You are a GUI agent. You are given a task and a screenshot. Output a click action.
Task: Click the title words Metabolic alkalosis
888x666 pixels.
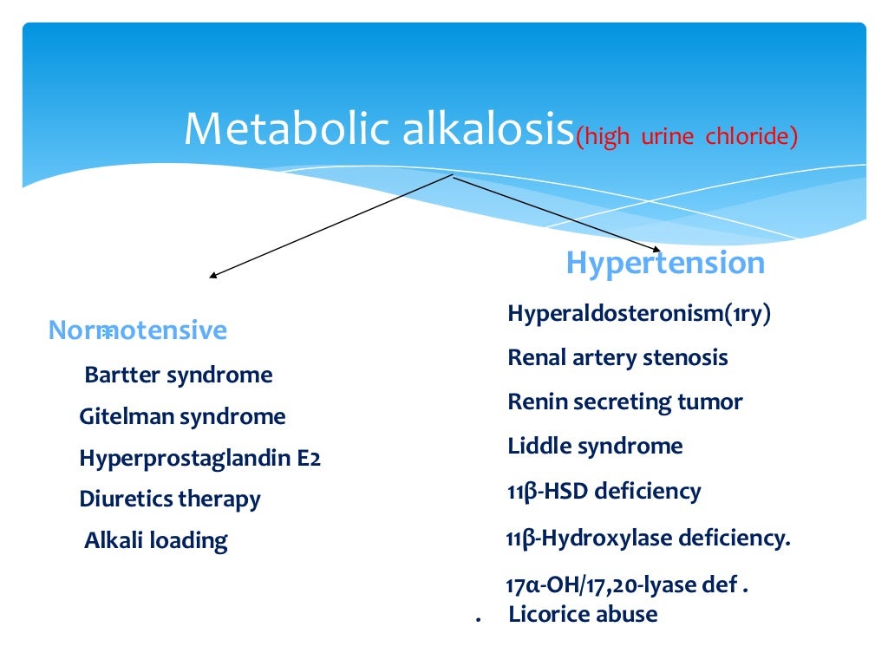(378, 128)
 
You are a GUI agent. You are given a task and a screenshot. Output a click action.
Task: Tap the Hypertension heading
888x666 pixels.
(665, 263)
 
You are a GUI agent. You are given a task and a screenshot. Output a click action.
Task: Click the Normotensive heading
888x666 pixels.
(138, 330)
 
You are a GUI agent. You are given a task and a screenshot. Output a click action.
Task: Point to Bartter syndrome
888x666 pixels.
(178, 375)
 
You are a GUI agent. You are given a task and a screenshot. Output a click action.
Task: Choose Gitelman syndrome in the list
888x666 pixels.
(182, 417)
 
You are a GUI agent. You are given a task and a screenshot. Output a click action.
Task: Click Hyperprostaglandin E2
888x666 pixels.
(199, 458)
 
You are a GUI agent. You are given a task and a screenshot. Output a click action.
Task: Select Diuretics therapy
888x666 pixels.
(169, 499)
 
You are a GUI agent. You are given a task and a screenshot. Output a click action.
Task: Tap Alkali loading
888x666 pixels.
(155, 541)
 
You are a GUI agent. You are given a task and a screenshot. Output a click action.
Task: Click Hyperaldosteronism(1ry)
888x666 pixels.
(639, 314)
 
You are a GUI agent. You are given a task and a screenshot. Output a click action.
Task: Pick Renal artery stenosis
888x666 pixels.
(617, 357)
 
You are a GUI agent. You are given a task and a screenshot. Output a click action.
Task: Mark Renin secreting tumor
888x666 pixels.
(624, 402)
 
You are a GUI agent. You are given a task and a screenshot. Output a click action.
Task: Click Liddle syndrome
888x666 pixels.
(595, 447)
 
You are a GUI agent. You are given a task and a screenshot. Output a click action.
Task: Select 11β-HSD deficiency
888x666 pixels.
(604, 492)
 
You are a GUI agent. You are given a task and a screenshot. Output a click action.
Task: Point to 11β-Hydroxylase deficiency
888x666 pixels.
(648, 539)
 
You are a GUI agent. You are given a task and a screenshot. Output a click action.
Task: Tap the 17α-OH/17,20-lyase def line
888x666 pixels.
(626, 585)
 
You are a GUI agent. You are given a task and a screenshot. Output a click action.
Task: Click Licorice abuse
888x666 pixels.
(583, 615)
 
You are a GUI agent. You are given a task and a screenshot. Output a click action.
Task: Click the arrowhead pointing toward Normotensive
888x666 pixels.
(212, 277)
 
